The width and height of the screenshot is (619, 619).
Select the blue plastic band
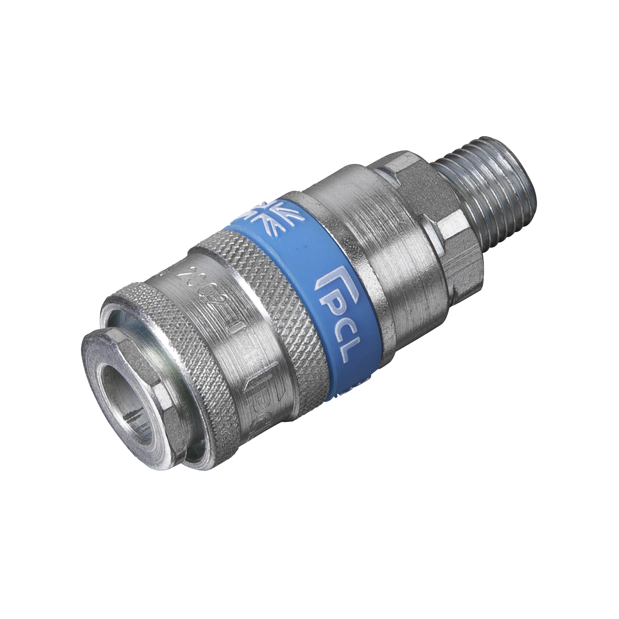309,289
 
